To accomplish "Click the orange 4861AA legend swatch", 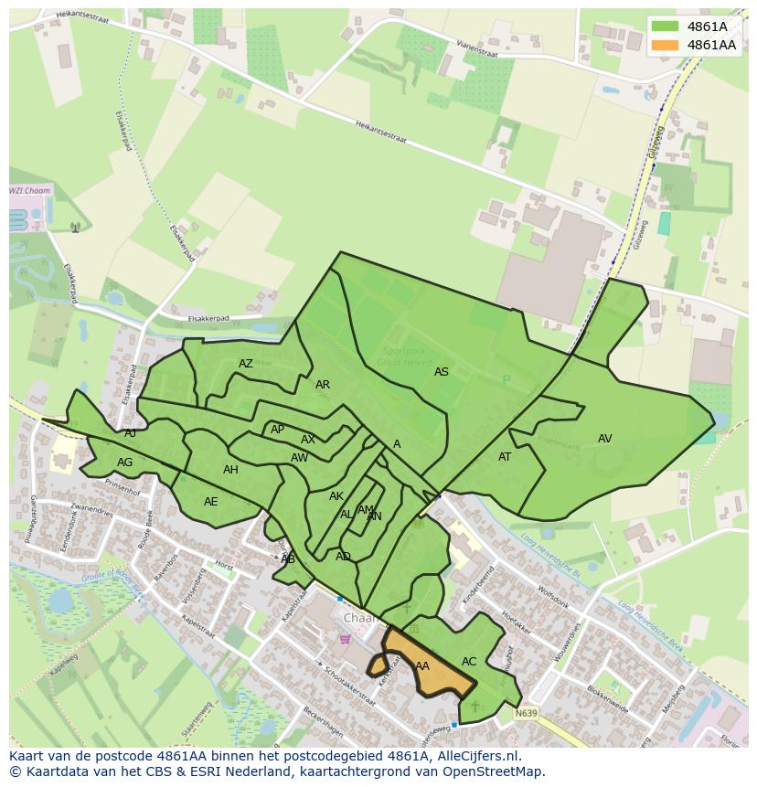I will (666, 45).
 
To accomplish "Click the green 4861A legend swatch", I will (666, 27).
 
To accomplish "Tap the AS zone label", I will (442, 372).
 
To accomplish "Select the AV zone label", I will (604, 439).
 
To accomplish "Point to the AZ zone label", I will (246, 364).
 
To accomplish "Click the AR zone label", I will (323, 385).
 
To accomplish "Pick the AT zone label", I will (505, 457).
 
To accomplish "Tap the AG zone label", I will (125, 463).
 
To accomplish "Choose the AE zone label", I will (211, 502).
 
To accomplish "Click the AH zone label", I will (230, 470).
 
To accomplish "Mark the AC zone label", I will (469, 662).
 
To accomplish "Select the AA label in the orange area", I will (422, 666).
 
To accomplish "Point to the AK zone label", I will (336, 496).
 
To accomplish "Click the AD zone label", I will (343, 557).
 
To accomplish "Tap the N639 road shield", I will (525, 713).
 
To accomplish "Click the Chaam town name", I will (360, 618).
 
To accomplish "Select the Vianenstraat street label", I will (485, 41).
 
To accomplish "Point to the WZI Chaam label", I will (30, 191).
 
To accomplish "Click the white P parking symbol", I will (506, 380).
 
